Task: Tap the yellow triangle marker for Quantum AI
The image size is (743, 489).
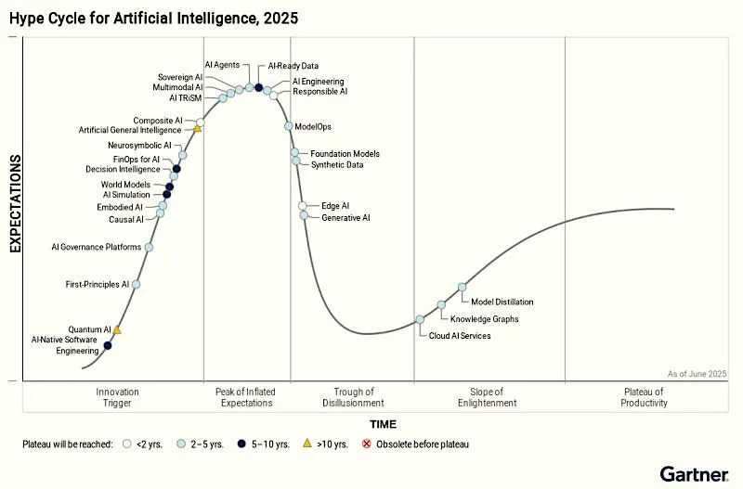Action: pyautogui.click(x=117, y=329)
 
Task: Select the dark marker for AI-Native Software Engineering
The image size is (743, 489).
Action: pyautogui.click(x=107, y=346)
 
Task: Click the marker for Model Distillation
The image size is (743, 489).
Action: pyautogui.click(x=462, y=288)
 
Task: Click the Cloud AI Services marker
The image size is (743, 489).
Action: pyautogui.click(x=420, y=319)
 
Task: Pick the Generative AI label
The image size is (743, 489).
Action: pyautogui.click(x=345, y=218)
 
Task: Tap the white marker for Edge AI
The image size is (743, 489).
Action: pyautogui.click(x=302, y=206)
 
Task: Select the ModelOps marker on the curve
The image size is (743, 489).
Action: pyautogui.click(x=289, y=126)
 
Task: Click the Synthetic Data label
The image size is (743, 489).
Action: pyautogui.click(x=337, y=165)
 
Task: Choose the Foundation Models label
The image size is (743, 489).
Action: pyautogui.click(x=345, y=153)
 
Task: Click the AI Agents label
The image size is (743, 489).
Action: pyautogui.click(x=221, y=65)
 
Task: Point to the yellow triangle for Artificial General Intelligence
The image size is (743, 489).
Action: pyautogui.click(x=197, y=129)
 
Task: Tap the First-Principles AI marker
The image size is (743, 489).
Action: pyautogui.click(x=137, y=284)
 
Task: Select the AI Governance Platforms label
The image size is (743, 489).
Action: pyautogui.click(x=96, y=247)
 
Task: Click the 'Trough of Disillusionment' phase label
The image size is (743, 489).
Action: pyautogui.click(x=353, y=397)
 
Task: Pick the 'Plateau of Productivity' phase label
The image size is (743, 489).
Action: pyautogui.click(x=645, y=397)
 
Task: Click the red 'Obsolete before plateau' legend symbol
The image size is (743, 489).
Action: pyautogui.click(x=366, y=444)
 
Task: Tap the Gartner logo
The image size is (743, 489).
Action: pyautogui.click(x=694, y=474)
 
